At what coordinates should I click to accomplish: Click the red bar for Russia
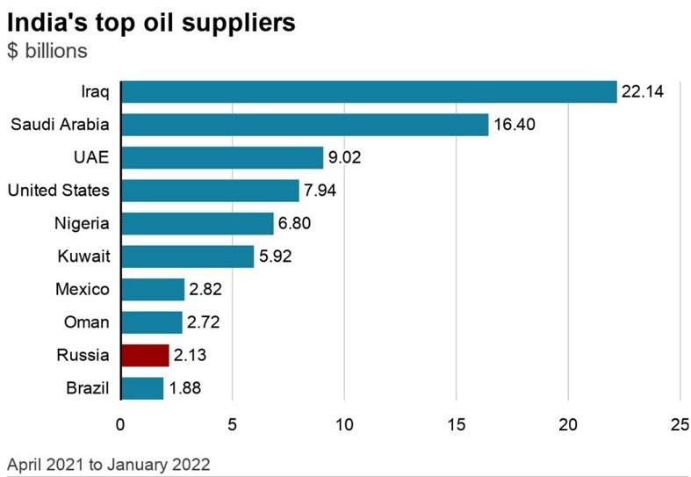145,355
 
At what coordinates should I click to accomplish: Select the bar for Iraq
370,91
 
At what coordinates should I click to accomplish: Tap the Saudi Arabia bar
305,125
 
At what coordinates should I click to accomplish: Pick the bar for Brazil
142,388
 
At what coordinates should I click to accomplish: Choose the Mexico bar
153,289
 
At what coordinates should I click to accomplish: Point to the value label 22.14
643,91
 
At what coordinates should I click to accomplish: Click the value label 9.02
344,157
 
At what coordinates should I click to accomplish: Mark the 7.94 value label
320,191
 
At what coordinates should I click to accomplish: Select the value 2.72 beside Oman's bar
203,322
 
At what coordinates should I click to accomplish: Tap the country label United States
59,191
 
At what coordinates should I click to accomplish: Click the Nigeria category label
82,223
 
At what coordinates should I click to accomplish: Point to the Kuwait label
83,257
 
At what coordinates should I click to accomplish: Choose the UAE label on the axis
91,157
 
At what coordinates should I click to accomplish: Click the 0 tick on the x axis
120,424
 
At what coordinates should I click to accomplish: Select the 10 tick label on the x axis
344,424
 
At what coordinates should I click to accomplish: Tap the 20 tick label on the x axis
568,424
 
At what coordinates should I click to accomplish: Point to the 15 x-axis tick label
456,424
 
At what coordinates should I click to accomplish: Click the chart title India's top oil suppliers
151,23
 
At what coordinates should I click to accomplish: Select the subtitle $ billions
47,51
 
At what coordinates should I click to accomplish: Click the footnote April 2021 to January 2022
108,465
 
